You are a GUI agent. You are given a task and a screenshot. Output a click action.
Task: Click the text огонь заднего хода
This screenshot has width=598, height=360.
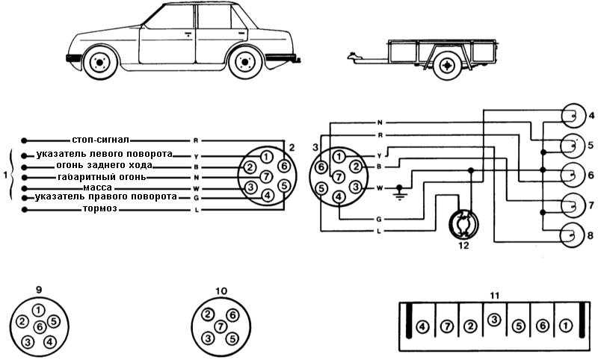(105, 164)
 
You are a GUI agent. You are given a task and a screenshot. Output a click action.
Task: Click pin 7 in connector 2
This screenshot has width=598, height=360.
(265, 176)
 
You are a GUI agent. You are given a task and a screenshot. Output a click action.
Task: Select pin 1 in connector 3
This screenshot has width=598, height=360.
(339, 156)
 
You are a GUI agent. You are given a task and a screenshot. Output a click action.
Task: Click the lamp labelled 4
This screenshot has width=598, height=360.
(573, 115)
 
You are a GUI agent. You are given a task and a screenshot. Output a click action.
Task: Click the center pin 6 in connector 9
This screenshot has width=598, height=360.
(40, 326)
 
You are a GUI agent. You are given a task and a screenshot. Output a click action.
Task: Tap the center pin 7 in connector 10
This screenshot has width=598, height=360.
(221, 326)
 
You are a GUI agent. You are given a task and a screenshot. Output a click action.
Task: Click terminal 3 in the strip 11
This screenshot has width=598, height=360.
(493, 320)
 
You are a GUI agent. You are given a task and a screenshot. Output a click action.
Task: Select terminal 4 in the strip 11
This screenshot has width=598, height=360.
(422, 326)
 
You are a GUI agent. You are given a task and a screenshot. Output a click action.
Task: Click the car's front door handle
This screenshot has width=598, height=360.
(188, 34)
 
